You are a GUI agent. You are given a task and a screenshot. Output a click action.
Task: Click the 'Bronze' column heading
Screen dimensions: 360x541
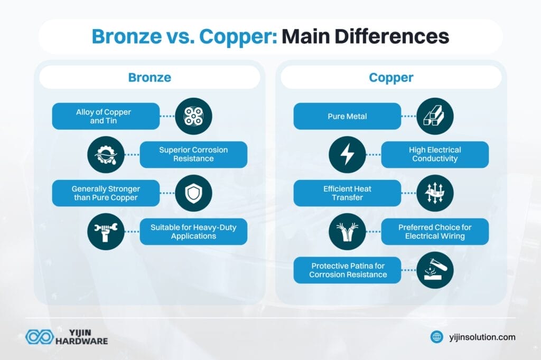click(x=150, y=78)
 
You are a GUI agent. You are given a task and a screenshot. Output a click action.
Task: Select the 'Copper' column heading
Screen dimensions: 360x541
click(x=391, y=78)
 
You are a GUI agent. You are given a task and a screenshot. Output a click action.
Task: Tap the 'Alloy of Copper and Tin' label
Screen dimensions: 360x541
click(x=106, y=116)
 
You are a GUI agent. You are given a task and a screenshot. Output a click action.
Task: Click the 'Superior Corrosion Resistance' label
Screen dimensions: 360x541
click(x=193, y=154)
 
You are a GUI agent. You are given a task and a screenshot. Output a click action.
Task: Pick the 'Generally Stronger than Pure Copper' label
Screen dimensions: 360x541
click(x=106, y=193)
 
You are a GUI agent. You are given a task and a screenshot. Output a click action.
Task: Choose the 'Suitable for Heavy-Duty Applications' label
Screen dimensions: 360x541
click(x=193, y=232)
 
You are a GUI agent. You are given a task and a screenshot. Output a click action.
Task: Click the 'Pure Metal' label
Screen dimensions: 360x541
click(x=347, y=116)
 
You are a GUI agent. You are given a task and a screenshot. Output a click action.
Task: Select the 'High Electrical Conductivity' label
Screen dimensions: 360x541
click(x=435, y=154)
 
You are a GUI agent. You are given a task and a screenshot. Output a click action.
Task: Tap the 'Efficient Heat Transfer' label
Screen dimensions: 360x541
click(x=347, y=193)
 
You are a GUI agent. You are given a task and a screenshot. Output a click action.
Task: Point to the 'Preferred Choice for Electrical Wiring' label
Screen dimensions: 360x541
click(x=435, y=232)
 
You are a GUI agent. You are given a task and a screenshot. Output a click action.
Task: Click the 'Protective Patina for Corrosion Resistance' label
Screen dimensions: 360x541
click(x=347, y=270)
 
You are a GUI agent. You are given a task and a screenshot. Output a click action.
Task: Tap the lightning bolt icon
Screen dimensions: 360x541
click(x=347, y=155)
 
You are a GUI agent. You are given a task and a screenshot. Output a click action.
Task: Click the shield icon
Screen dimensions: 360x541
click(x=193, y=193)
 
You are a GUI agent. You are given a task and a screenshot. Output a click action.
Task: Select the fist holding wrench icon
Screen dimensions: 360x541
click(x=106, y=232)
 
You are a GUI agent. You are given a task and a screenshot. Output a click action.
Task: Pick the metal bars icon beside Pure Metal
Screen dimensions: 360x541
click(x=435, y=116)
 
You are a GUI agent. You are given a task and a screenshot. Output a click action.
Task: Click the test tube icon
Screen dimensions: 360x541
click(x=435, y=270)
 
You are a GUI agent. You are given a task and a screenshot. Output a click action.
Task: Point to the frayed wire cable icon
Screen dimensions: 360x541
click(x=347, y=232)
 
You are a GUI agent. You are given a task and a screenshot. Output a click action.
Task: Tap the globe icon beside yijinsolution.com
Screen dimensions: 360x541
click(x=436, y=337)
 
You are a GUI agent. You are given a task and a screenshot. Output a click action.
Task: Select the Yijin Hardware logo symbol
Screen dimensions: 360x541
click(x=39, y=337)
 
